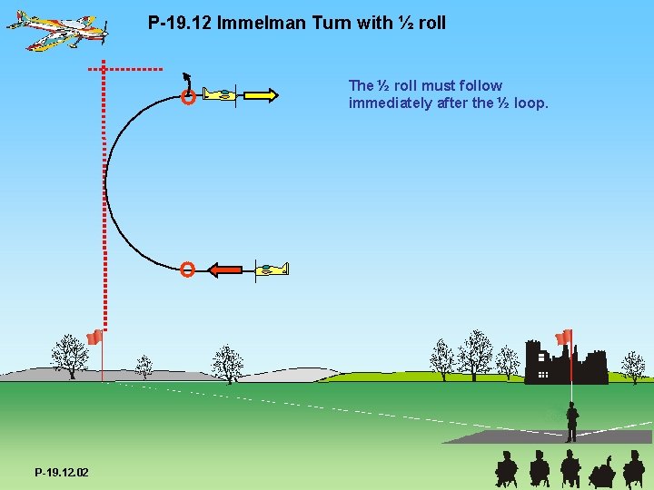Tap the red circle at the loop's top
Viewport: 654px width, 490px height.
[x=187, y=97]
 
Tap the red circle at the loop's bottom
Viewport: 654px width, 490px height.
[x=186, y=269]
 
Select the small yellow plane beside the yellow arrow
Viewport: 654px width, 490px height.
[x=220, y=94]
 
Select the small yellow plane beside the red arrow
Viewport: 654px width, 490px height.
[x=271, y=269]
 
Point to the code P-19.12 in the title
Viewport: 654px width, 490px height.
[x=178, y=23]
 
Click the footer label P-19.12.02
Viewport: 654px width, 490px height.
[x=62, y=473]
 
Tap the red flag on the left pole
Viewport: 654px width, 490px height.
[x=94, y=338]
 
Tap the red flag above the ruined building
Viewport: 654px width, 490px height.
[x=564, y=338]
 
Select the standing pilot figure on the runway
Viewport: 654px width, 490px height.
[x=571, y=422]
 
